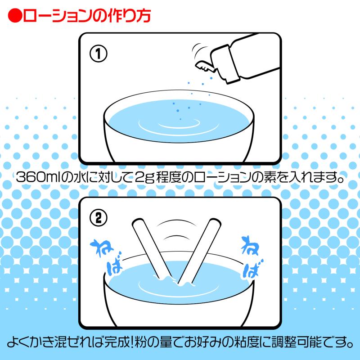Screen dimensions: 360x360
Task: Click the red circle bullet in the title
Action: [x=15, y=15]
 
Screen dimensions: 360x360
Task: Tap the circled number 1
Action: [x=98, y=54]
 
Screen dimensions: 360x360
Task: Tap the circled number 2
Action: [x=98, y=218]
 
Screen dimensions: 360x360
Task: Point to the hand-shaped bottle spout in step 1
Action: [x=205, y=66]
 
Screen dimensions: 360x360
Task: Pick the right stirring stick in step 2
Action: [x=199, y=250]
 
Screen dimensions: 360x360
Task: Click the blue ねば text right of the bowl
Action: [x=252, y=256]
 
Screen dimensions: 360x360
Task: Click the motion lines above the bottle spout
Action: [x=199, y=50]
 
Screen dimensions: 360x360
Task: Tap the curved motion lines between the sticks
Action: [x=176, y=229]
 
